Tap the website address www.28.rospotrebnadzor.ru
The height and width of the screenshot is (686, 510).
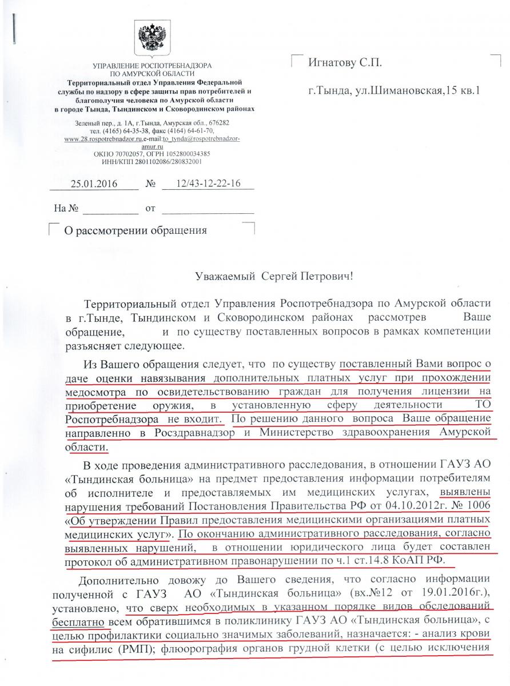pos(95,138)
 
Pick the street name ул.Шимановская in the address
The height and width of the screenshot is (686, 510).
pos(390,90)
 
